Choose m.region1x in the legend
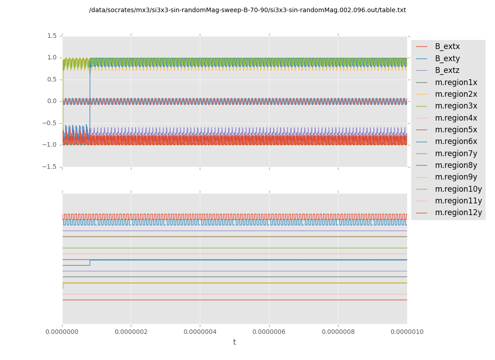tap(456, 82)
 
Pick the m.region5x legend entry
tap(456, 130)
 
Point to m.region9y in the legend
tap(456, 177)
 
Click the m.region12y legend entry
tap(458, 212)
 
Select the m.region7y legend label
tap(456, 153)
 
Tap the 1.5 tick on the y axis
tap(52, 36)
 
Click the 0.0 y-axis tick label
tap(52, 101)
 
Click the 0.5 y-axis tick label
tap(52, 79)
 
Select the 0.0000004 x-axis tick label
tap(200, 332)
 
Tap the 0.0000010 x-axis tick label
tap(407, 332)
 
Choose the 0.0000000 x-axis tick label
tap(62, 332)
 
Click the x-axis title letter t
tap(234, 342)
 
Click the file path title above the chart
tap(247, 10)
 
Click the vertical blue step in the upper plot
tap(90, 103)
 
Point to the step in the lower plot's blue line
tap(90, 262)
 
